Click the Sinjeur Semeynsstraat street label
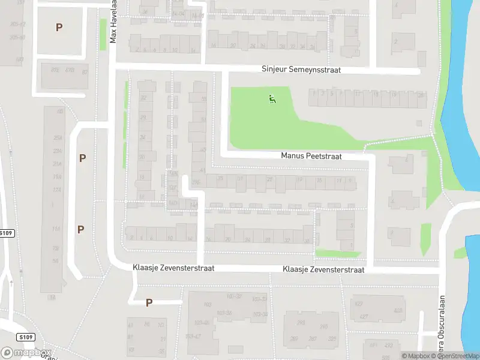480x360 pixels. pyautogui.click(x=301, y=70)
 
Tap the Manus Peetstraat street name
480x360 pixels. pyautogui.click(x=311, y=156)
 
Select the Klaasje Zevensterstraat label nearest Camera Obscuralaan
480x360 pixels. pyautogui.click(x=323, y=270)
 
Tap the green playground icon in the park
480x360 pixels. pyautogui.click(x=272, y=98)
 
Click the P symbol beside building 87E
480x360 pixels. pyautogui.click(x=59, y=27)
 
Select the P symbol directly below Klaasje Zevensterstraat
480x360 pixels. pyautogui.click(x=149, y=303)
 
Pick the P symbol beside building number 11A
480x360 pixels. pyautogui.click(x=80, y=229)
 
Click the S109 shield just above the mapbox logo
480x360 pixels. pyautogui.click(x=23, y=337)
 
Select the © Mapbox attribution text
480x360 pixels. pyautogui.click(x=418, y=356)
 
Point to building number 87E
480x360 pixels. pyautogui.click(x=55, y=70)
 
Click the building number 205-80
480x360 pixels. pyautogui.click(x=17, y=37)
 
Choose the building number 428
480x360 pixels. pyautogui.click(x=398, y=311)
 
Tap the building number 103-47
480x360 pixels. pyautogui.click(x=193, y=337)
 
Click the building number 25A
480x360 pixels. pyautogui.click(x=58, y=138)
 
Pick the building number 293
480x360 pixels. pyautogui.click(x=323, y=327)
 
